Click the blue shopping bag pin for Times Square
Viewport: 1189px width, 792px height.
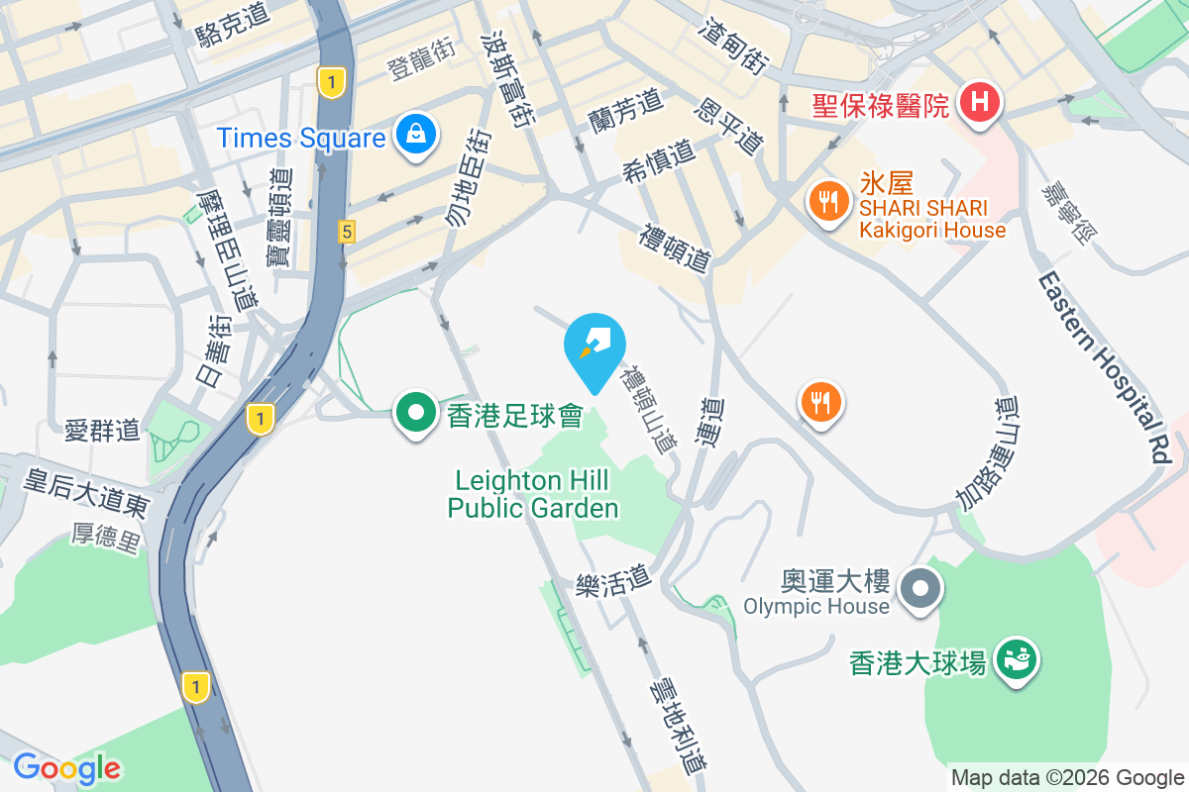pyautogui.click(x=416, y=136)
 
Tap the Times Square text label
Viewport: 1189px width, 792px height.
pyautogui.click(x=301, y=138)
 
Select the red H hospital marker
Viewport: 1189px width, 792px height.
pyautogui.click(x=980, y=102)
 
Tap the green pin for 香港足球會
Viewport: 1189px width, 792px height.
pyautogui.click(x=416, y=413)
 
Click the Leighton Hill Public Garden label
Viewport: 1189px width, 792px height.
pyautogui.click(x=533, y=494)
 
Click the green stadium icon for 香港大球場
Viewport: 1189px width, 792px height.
pyautogui.click(x=1017, y=656)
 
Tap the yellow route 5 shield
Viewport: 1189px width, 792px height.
pyautogui.click(x=346, y=232)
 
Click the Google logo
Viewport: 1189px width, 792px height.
pyautogui.click(x=66, y=767)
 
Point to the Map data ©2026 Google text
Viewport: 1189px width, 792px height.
pyautogui.click(x=1068, y=777)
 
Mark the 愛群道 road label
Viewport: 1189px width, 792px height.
pyautogui.click(x=102, y=431)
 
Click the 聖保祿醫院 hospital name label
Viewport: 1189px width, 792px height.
pyautogui.click(x=881, y=105)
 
